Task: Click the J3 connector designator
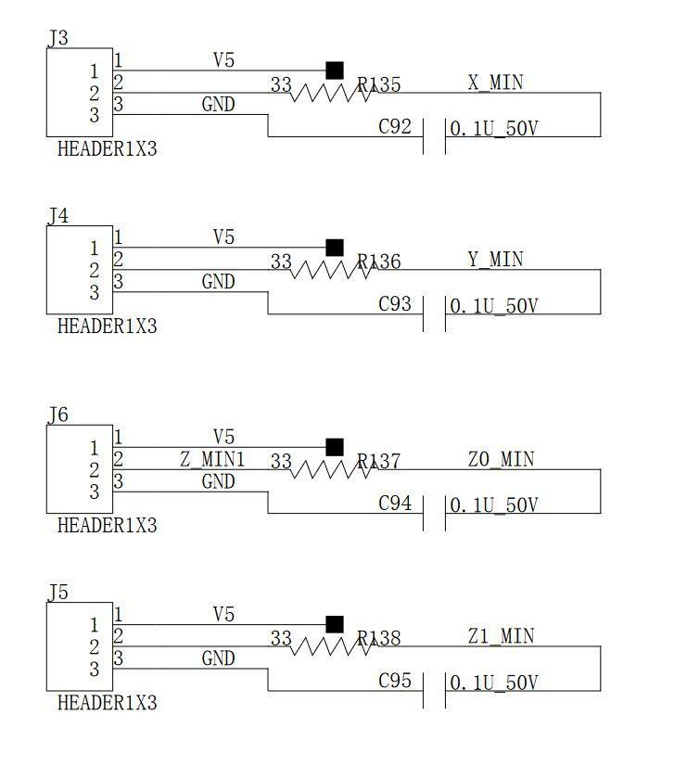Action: tap(57, 38)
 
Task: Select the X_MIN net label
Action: tap(495, 83)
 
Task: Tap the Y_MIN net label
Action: tap(495, 260)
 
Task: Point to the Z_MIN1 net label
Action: tap(212, 459)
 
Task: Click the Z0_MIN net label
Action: tap(501, 459)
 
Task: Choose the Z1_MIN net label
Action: tap(501, 636)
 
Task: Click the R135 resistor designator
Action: tap(379, 85)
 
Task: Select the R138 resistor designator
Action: tap(379, 638)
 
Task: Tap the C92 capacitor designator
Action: tap(395, 127)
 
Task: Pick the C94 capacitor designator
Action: tap(395, 504)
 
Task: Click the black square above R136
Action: tap(335, 248)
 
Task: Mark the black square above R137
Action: tap(335, 447)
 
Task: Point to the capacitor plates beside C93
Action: tap(434, 313)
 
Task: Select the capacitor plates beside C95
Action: tap(434, 691)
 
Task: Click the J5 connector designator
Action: tap(57, 591)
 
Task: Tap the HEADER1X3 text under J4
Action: tap(107, 326)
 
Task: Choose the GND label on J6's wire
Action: tap(218, 481)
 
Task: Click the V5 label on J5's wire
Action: tap(223, 614)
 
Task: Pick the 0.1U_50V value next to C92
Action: tap(493, 128)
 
